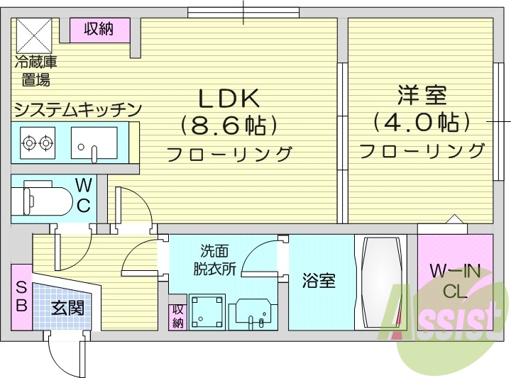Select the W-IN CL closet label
(454, 280)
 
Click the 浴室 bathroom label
(319, 281)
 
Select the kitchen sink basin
(94, 142)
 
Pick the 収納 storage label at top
(99, 29)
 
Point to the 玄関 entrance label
(67, 308)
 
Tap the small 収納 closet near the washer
(177, 316)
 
